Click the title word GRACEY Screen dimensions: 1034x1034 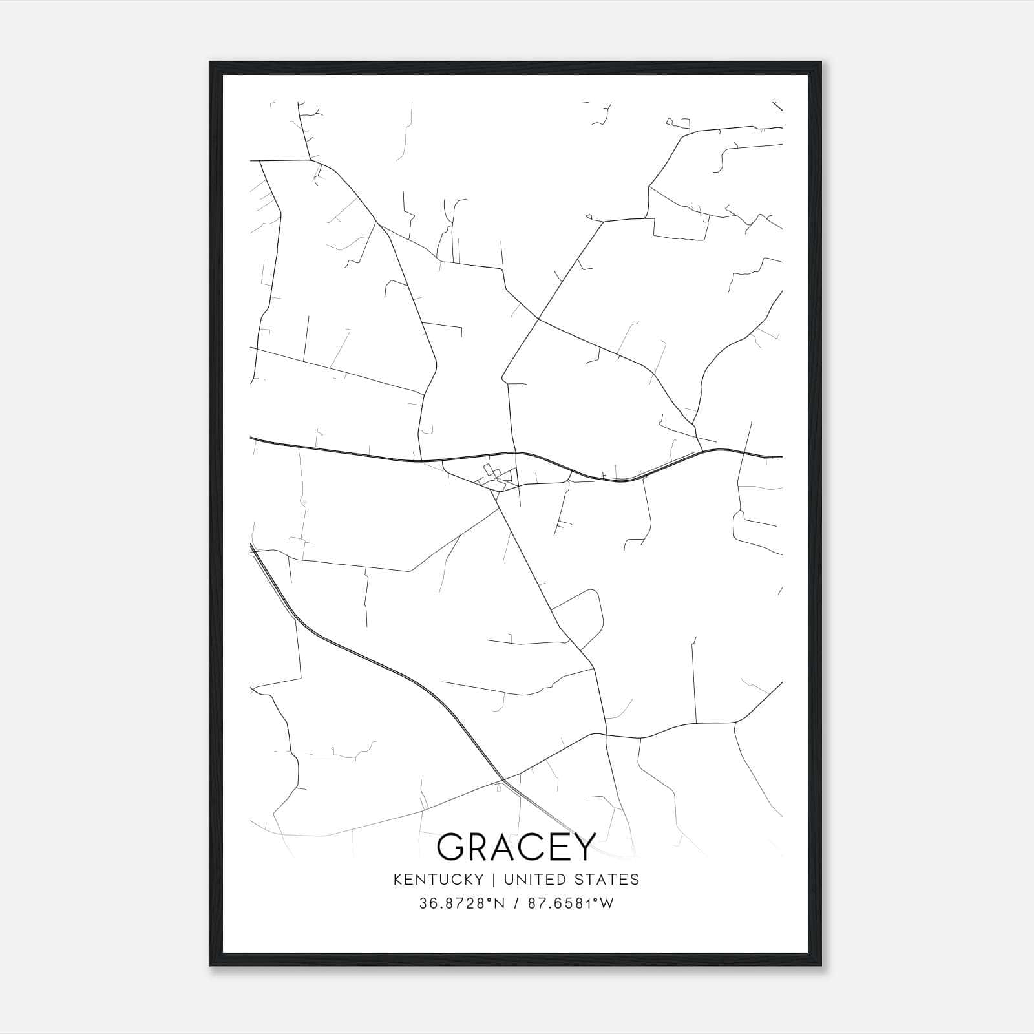pyautogui.click(x=516, y=846)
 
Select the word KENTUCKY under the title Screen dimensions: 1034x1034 pyautogui.click(x=447, y=880)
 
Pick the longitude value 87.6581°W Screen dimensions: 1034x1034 pyautogui.click(x=571, y=903)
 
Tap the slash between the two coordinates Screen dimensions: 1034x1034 pyautogui.click(x=516, y=903)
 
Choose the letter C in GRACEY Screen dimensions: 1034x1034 pyautogui.click(x=534, y=846)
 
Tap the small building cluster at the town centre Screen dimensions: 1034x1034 pyautogui.click(x=494, y=477)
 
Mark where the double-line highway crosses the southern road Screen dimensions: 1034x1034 pyautogui.click(x=503, y=778)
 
